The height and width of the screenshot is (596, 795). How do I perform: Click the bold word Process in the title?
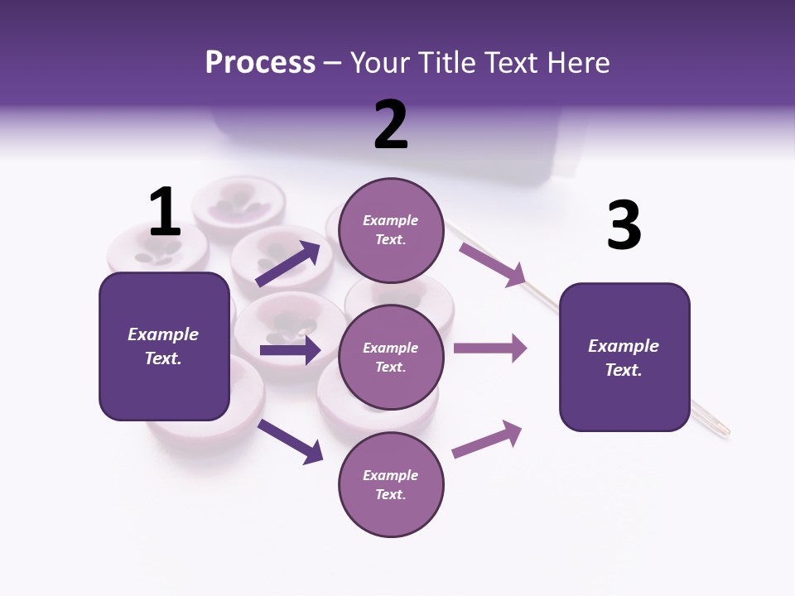click(x=260, y=62)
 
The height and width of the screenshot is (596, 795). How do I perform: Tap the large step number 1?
click(x=165, y=212)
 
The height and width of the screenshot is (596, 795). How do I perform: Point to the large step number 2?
click(x=391, y=125)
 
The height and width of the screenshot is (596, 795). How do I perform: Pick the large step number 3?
click(x=624, y=225)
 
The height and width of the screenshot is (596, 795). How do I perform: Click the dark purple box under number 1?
click(x=164, y=346)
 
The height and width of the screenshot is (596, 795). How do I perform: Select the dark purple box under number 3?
click(x=624, y=358)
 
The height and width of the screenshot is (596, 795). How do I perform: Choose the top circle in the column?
click(x=391, y=230)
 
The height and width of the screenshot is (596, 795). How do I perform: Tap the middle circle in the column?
click(x=391, y=357)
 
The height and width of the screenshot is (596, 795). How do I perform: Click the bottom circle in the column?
click(x=391, y=484)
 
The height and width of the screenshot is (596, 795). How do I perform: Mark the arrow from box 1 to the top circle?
click(x=288, y=263)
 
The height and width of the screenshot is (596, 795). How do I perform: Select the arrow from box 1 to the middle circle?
click(x=290, y=350)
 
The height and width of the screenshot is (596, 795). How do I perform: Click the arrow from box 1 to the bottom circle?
click(x=291, y=441)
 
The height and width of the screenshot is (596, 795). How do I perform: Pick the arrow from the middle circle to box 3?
click(x=490, y=348)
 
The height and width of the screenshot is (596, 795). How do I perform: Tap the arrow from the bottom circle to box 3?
click(x=487, y=440)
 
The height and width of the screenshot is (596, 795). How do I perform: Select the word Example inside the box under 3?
click(x=624, y=346)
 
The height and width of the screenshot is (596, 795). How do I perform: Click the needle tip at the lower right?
click(x=725, y=431)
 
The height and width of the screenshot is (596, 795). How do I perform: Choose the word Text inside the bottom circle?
click(x=389, y=494)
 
